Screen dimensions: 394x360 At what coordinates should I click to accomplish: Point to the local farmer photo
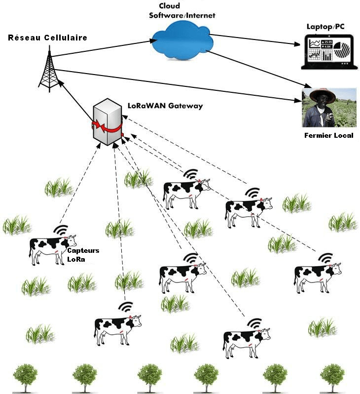point(329,107)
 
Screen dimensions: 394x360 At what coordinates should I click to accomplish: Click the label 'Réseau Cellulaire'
point(47,38)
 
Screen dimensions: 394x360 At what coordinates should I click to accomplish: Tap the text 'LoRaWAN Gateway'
point(165,106)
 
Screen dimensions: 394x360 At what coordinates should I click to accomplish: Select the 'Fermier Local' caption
point(328,135)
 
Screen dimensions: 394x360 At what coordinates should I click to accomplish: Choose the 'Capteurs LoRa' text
point(82,255)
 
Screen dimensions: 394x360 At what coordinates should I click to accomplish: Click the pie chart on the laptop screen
point(341,50)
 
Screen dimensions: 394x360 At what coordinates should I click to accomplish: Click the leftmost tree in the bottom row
point(25,377)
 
